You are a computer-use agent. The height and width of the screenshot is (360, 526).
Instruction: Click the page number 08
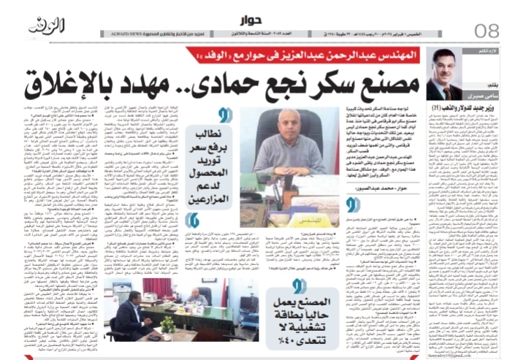485,30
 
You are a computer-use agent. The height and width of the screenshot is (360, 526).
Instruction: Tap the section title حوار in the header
264,21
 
